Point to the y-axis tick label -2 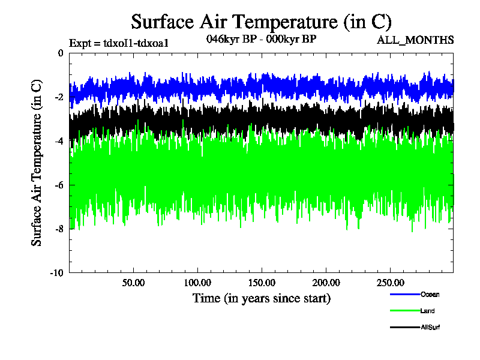click(60, 97)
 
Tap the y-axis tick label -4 click(60, 141)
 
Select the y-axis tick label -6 click(60, 185)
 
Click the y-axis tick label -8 click(60, 229)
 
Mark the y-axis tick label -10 click(58, 272)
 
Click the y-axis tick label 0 click(61, 53)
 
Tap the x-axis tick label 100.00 click(197, 282)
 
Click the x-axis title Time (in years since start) click(261, 298)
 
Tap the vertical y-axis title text click(37, 163)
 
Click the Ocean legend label click(430, 294)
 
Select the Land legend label click(428, 311)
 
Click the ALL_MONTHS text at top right click(415, 40)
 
